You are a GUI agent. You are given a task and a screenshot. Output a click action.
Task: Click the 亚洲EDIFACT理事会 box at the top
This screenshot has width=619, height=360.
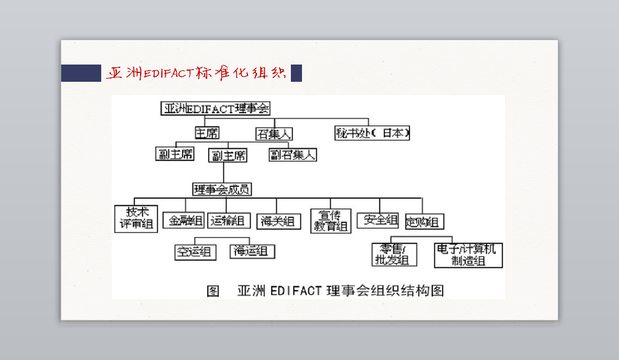point(216,109)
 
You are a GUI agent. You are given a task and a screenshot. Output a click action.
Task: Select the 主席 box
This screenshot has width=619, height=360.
point(206,133)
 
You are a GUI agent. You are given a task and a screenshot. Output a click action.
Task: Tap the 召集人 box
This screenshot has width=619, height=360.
point(274,134)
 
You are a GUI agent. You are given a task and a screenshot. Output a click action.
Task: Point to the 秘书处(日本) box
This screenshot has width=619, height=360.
point(372,134)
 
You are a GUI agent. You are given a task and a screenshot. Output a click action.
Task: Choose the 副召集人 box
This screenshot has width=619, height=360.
point(293,155)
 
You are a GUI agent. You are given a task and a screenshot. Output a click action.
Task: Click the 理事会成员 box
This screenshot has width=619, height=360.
point(222,189)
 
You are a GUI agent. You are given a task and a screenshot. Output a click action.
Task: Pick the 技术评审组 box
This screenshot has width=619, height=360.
point(137,218)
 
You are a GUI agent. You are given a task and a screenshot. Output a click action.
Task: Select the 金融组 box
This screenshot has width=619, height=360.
point(184,220)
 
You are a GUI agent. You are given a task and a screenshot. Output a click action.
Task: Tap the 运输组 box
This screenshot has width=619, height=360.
point(229,220)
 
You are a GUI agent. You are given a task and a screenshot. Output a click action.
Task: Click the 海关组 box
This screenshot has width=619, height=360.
point(279,221)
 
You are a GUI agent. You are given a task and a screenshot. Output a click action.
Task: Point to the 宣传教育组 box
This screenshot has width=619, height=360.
point(331,221)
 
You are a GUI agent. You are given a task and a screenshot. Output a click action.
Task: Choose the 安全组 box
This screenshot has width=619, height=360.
point(378,220)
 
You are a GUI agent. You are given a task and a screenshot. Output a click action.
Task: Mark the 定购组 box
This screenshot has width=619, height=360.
point(424,222)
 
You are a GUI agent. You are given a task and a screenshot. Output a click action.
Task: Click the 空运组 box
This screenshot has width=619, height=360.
point(195,252)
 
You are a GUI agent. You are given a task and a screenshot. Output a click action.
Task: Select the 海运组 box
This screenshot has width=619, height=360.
point(252,251)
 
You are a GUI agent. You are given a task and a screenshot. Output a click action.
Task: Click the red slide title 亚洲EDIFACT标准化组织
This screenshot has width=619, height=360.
point(196,73)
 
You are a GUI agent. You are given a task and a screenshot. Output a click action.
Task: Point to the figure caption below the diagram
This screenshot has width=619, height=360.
point(325,290)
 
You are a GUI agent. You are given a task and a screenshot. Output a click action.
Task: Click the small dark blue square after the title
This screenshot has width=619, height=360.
point(296,73)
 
